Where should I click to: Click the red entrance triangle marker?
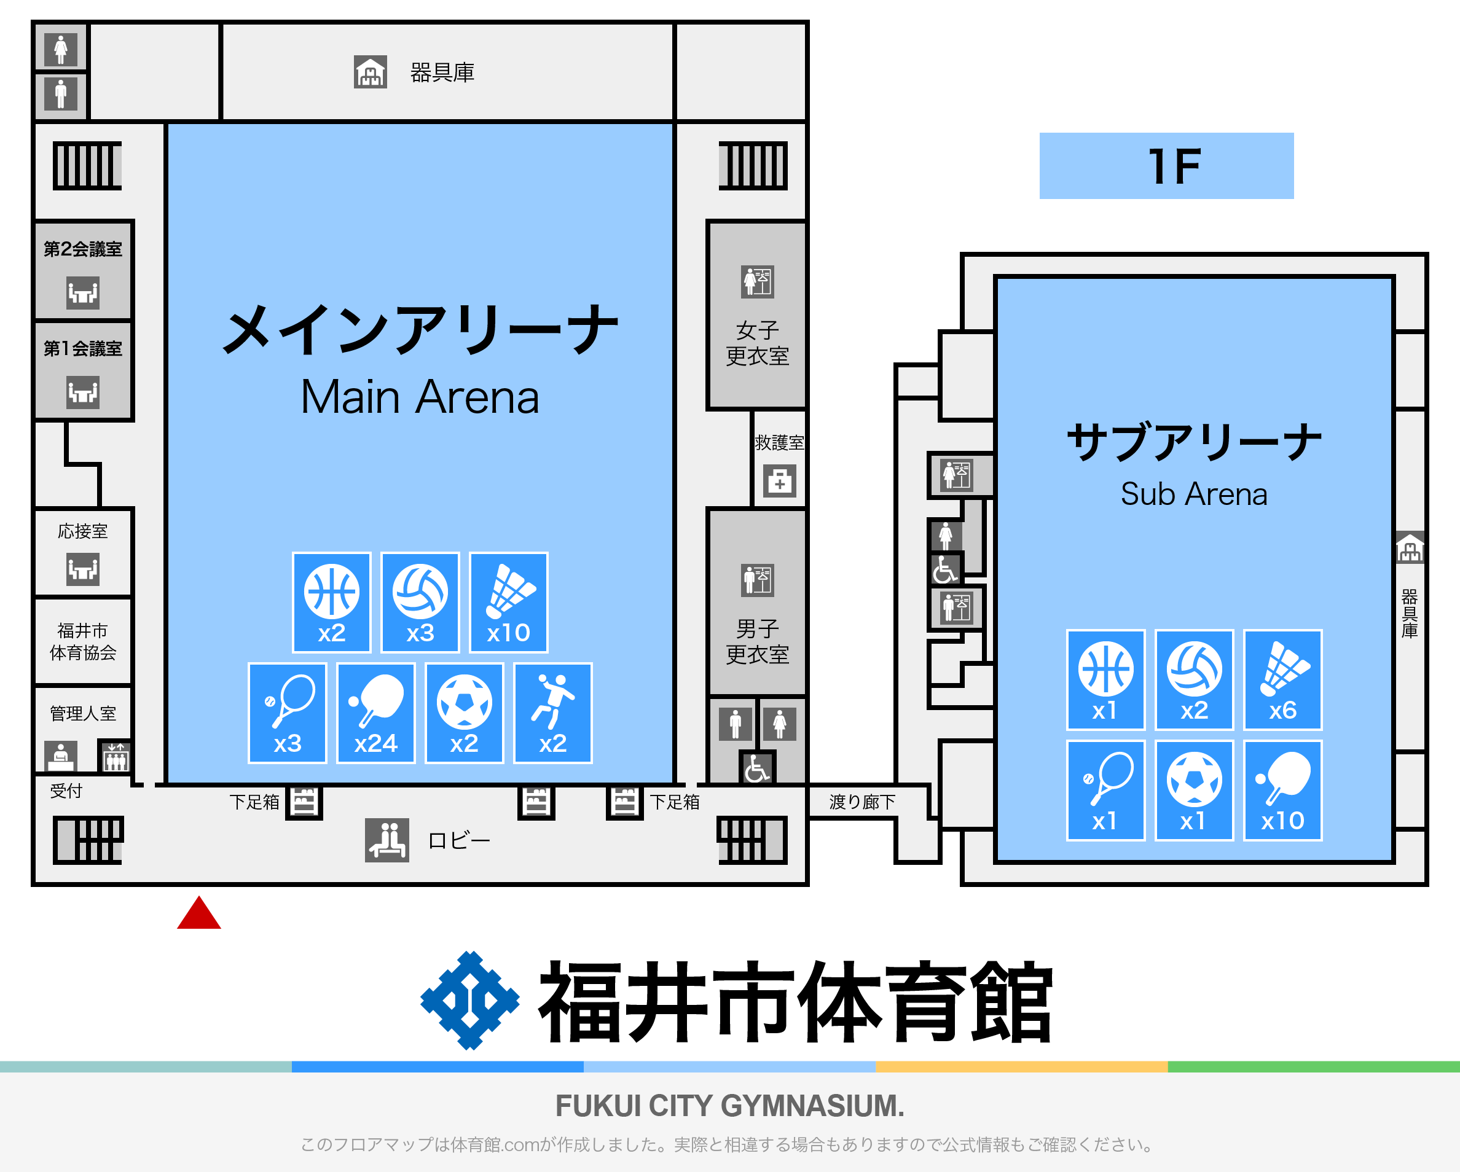point(198,913)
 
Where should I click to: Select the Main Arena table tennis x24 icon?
point(376,713)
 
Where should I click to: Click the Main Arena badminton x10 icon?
point(509,602)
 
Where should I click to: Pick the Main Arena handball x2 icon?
point(552,713)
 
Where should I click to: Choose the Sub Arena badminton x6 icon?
point(1282,680)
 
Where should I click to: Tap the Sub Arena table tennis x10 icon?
point(1282,790)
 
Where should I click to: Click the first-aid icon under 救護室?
point(779,482)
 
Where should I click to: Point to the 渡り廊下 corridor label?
point(861,802)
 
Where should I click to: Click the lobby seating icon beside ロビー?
point(387,840)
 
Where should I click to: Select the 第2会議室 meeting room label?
point(82,249)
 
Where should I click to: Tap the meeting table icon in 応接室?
point(82,569)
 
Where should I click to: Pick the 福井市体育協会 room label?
point(82,641)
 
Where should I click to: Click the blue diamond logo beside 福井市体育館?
point(470,1001)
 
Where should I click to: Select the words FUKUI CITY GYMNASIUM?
point(730,1106)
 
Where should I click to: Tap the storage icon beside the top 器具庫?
point(371,72)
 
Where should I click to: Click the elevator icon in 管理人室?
point(115,756)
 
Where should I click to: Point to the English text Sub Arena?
point(1194,494)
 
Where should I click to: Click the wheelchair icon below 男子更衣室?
point(757,768)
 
